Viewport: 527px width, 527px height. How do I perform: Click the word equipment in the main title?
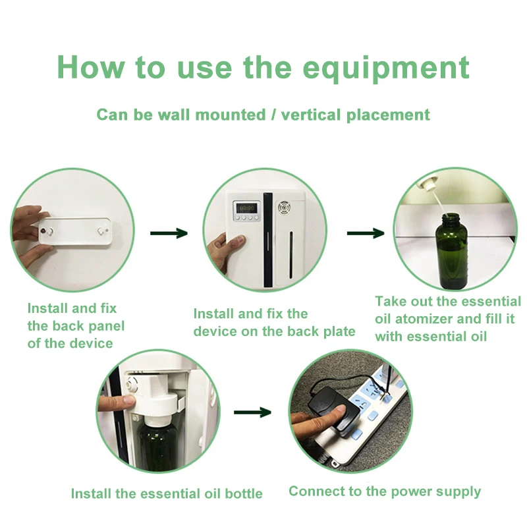pyautogui.click(x=386, y=69)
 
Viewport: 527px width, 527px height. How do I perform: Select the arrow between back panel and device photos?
pyautogui.click(x=169, y=233)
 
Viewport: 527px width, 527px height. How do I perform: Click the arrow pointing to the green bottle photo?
pyautogui.click(x=366, y=233)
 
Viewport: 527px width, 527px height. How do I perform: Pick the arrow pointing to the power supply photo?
pyautogui.click(x=252, y=412)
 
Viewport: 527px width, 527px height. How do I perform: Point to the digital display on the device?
pyautogui.click(x=246, y=208)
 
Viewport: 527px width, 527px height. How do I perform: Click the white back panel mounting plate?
pyautogui.click(x=74, y=231)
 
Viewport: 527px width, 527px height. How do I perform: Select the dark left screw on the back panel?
pyautogui.click(x=43, y=231)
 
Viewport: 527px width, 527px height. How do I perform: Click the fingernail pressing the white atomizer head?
pyautogui.click(x=129, y=400)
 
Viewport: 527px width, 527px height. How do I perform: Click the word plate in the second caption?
pyautogui.click(x=339, y=332)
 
